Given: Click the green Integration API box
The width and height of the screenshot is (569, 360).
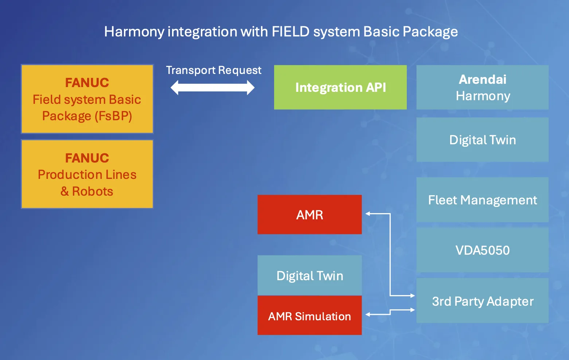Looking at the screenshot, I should pyautogui.click(x=340, y=87).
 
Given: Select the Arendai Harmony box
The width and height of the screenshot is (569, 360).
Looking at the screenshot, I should pyautogui.click(x=482, y=87).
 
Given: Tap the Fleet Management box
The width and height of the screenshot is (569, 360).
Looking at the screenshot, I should pyautogui.click(x=482, y=200).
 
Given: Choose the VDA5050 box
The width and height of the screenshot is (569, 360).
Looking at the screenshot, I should pyautogui.click(x=482, y=250).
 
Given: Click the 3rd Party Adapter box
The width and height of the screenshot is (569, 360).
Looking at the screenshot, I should pyautogui.click(x=482, y=301).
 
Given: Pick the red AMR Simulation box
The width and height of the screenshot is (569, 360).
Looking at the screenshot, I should pyautogui.click(x=309, y=316).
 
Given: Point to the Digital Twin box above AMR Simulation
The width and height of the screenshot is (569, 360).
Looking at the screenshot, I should pyautogui.click(x=309, y=275).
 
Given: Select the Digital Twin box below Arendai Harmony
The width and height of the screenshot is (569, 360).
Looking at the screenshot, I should pyautogui.click(x=482, y=140).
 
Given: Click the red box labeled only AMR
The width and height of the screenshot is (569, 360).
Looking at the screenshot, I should pyautogui.click(x=309, y=215).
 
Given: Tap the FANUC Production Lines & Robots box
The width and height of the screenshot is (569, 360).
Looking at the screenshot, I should pyautogui.click(x=87, y=174).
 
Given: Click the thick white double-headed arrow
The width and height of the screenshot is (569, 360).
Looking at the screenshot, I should pyautogui.click(x=213, y=87).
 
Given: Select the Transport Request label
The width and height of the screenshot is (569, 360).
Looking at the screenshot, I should pyautogui.click(x=214, y=70).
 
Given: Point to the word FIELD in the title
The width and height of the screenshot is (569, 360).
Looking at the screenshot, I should pyautogui.click(x=291, y=32).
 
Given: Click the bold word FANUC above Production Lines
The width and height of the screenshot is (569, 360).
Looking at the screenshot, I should pyautogui.click(x=87, y=158).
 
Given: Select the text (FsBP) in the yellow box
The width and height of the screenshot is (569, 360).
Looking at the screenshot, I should pyautogui.click(x=113, y=116).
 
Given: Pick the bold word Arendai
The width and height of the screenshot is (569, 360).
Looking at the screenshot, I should pyautogui.click(x=482, y=79).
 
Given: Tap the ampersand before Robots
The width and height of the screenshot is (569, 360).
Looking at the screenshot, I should pyautogui.click(x=65, y=191).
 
